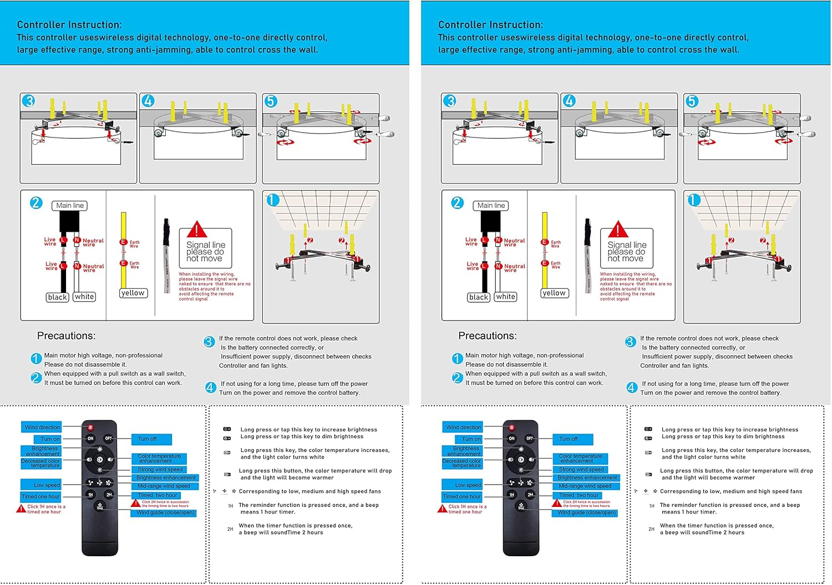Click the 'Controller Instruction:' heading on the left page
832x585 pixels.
coord(69,25)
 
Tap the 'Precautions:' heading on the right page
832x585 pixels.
coord(487,335)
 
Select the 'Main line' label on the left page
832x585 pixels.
coord(70,206)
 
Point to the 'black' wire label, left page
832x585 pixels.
coord(58,297)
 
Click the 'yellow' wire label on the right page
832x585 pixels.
coord(554,293)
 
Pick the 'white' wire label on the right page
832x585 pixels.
coord(505,297)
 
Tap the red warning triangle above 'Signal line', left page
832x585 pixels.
coord(196,229)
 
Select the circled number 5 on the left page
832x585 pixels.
coord(271,101)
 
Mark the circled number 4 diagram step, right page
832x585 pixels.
coord(569,101)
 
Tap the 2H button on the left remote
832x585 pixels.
coord(109,494)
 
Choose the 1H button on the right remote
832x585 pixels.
coord(511,494)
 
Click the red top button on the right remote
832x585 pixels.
coord(511,428)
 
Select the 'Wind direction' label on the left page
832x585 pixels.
coord(42,428)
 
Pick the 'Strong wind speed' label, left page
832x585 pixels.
coord(160,470)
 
